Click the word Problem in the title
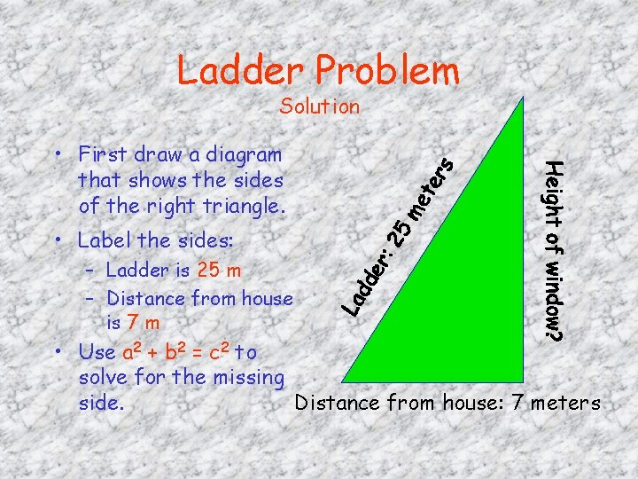pos(391,71)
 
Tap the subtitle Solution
pos(319,107)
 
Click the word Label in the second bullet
pos(102,240)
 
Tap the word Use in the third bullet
pos(96,352)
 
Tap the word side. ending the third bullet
pos(101,403)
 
